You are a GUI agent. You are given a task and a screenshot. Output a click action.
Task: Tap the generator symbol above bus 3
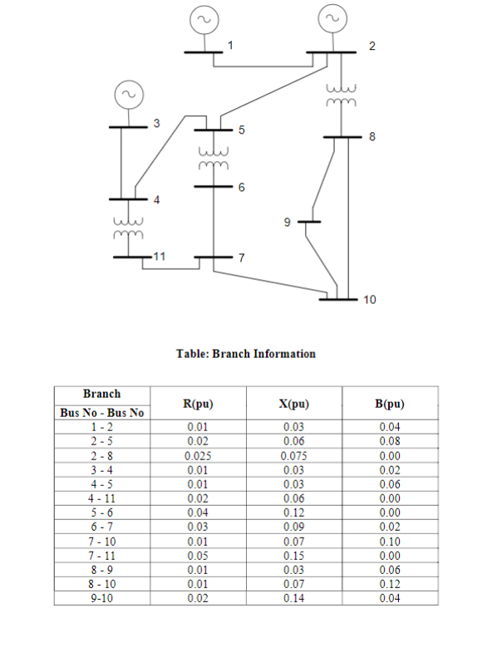click(127, 95)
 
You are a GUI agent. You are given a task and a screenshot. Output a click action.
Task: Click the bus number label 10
click(371, 300)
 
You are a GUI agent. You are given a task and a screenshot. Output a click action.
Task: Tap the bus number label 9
click(287, 223)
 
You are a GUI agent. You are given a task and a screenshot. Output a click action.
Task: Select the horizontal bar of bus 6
click(213, 188)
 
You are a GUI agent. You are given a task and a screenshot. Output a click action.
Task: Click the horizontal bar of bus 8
click(340, 136)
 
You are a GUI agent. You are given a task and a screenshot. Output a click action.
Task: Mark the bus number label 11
click(157, 256)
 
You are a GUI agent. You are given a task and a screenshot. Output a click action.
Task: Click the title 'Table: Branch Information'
click(246, 354)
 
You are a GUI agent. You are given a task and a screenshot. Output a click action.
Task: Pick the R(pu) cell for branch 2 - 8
click(198, 455)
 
